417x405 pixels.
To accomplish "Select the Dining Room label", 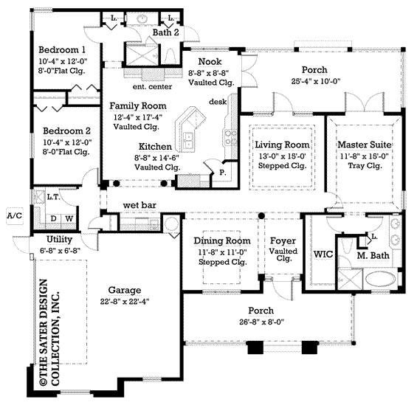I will [219, 241].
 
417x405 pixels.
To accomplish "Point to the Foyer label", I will [283, 241].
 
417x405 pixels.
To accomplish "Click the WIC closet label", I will [323, 254].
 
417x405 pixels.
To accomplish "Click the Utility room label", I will [59, 240].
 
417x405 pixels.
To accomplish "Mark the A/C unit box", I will [13, 215].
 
